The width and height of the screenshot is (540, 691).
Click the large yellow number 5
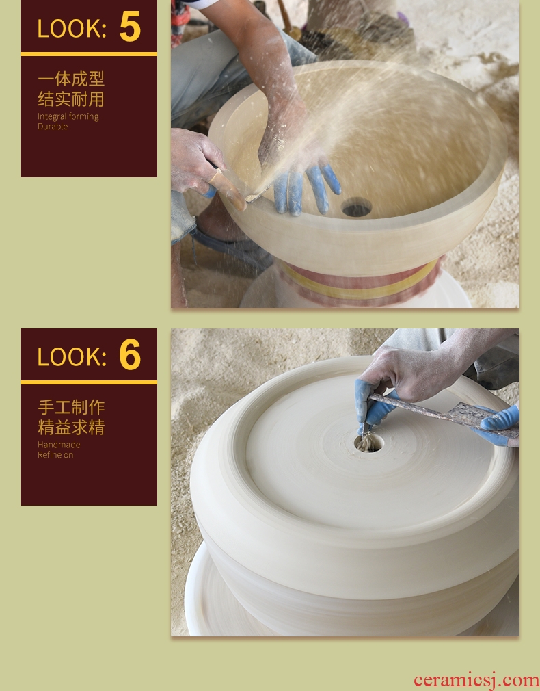pos(130,27)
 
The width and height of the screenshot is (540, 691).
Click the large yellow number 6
pos(130,354)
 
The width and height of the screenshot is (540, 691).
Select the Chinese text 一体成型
pos(71,79)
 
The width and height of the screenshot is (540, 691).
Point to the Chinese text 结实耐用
pos(71,99)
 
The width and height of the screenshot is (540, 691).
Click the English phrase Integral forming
pos(68,117)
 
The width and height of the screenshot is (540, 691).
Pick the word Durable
pos(53,127)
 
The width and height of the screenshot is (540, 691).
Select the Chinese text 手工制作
pos(71,407)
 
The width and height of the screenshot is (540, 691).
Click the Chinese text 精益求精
pos(71,428)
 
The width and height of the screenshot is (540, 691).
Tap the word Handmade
pos(59,445)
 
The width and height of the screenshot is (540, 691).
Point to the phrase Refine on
pos(55,455)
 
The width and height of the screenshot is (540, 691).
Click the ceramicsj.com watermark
pos(476,681)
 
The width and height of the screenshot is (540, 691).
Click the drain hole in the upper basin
pos(356,207)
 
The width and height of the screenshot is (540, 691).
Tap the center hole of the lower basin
pos(368,443)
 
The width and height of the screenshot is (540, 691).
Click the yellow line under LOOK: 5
pos(89,54)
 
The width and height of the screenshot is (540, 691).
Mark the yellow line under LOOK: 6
pos(89,382)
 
